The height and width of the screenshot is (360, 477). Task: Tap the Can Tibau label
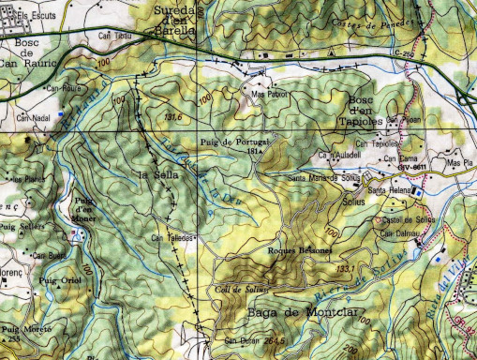[x=115, y=36]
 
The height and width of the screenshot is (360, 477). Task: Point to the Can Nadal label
[x=34, y=119]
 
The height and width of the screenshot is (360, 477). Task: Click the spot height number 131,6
[x=171, y=118]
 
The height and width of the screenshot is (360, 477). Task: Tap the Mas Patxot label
[x=268, y=95]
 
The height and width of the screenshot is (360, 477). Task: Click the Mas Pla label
[x=458, y=163]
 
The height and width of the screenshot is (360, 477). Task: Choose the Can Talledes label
[x=172, y=238]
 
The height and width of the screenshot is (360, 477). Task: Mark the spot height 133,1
[x=346, y=270]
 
